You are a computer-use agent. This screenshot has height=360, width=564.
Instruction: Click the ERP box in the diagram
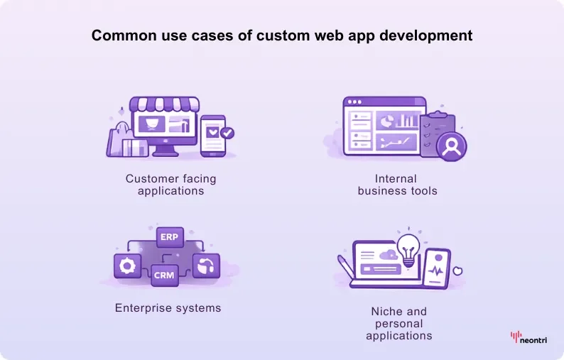tap(170, 237)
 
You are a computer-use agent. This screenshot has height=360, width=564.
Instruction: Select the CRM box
tap(164, 275)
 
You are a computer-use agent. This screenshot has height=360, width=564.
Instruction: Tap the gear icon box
tap(127, 266)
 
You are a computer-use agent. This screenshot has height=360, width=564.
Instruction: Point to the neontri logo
tap(528, 337)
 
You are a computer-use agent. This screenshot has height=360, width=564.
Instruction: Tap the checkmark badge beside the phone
tap(227, 133)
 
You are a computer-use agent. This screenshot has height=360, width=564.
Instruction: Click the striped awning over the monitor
tap(164, 104)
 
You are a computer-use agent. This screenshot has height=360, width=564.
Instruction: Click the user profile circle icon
tap(452, 146)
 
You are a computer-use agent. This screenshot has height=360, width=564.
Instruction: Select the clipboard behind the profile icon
tap(437, 133)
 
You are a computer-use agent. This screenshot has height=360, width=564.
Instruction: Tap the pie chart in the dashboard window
tap(385, 121)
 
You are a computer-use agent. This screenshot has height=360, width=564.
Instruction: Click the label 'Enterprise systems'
tap(168, 308)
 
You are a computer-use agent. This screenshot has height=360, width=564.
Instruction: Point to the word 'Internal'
tap(396, 179)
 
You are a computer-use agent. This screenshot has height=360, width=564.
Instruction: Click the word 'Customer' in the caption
tap(153, 179)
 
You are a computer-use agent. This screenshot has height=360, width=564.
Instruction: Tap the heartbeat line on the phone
tap(436, 271)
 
